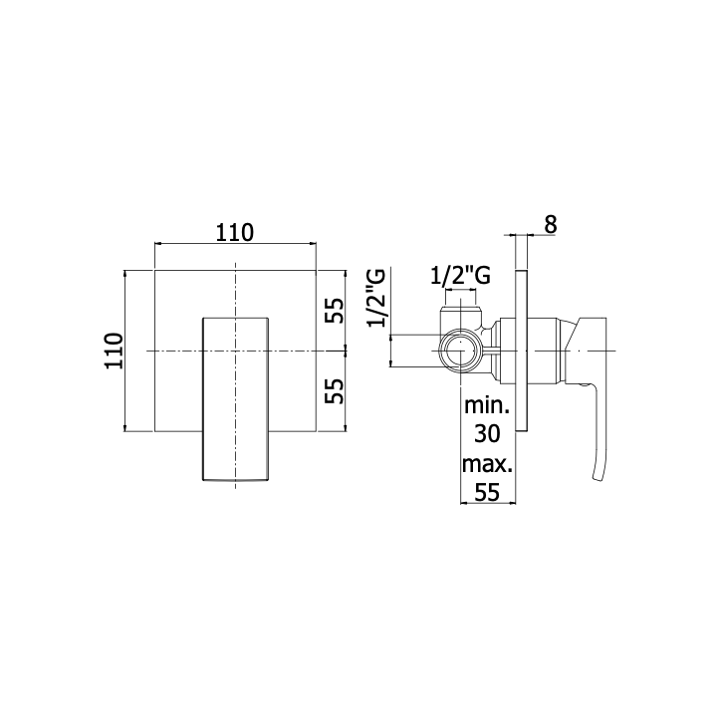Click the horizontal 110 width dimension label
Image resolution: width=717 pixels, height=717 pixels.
pyautogui.click(x=235, y=233)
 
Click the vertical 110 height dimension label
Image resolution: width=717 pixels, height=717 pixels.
pyautogui.click(x=115, y=351)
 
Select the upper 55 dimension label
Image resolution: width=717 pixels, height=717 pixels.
pyautogui.click(x=335, y=310)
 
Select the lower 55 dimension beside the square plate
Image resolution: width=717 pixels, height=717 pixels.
pyautogui.click(x=335, y=390)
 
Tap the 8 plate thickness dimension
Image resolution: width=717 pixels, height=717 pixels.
pyautogui.click(x=551, y=224)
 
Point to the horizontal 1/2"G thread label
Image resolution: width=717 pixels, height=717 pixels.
pyautogui.click(x=460, y=275)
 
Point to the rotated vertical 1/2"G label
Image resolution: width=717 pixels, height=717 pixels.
pyautogui.click(x=376, y=298)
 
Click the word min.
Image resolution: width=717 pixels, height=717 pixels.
pyautogui.click(x=487, y=405)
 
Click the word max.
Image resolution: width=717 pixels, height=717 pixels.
pyautogui.click(x=487, y=464)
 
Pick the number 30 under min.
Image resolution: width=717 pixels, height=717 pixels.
pyautogui.click(x=487, y=433)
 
